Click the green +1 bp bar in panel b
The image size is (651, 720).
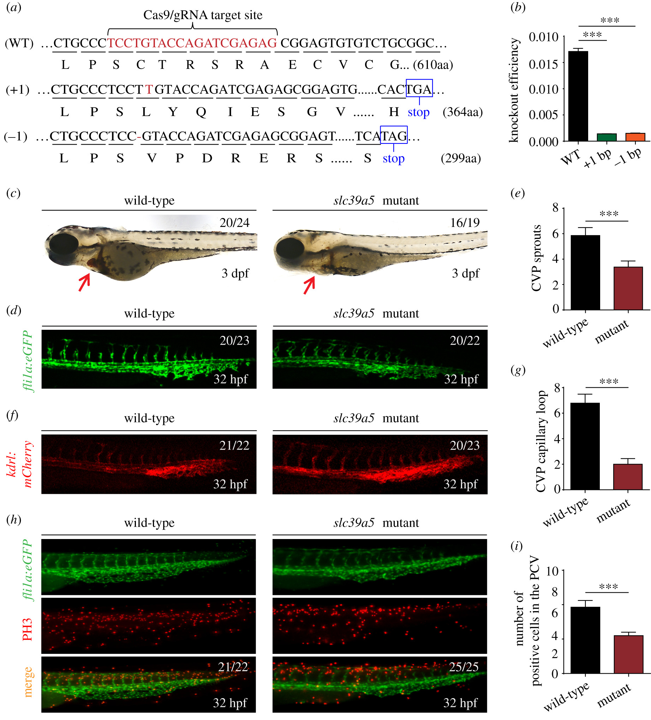click(x=607, y=137)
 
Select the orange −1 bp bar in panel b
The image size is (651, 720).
click(x=635, y=137)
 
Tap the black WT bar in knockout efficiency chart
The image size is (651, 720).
click(x=578, y=96)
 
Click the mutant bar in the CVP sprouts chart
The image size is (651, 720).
click(x=628, y=288)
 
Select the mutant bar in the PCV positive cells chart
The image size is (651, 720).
click(x=628, y=654)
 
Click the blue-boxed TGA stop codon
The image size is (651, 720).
click(x=419, y=89)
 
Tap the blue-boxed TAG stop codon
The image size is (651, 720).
click(x=393, y=135)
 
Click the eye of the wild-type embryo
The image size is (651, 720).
click(x=64, y=245)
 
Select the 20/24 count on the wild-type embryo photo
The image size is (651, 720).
click(x=234, y=222)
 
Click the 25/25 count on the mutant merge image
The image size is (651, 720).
click(x=464, y=666)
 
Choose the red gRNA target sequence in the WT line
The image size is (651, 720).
click(x=192, y=43)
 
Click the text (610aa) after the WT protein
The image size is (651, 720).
click(x=433, y=65)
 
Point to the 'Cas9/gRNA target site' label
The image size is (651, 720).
click(x=203, y=15)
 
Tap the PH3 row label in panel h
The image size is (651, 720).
click(x=27, y=629)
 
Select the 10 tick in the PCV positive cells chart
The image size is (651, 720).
click(x=552, y=571)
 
